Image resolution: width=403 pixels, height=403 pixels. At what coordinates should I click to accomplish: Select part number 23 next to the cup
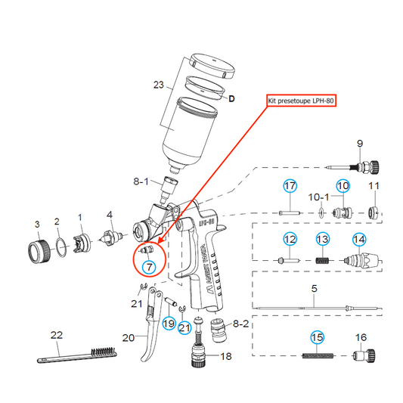(158, 85)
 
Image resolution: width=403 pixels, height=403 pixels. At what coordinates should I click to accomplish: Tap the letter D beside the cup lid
(232, 99)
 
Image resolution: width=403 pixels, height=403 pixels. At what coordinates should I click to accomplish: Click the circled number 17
(290, 186)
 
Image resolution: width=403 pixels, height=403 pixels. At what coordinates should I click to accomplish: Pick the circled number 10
(343, 185)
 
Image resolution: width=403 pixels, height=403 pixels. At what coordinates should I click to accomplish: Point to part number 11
(374, 186)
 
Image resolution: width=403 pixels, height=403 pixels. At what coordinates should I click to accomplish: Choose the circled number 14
(359, 239)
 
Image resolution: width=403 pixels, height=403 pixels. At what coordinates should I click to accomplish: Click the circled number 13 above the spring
(323, 239)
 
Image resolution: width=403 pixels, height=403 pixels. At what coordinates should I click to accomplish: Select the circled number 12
(290, 239)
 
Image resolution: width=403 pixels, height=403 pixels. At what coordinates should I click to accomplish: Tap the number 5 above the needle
(314, 289)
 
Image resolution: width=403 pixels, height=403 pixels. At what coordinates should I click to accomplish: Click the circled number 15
(313, 336)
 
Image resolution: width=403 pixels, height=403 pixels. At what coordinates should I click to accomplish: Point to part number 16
(361, 337)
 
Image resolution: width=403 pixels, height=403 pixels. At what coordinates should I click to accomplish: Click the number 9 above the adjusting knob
(360, 144)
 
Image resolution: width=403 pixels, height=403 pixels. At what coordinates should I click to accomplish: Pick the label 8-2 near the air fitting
(241, 323)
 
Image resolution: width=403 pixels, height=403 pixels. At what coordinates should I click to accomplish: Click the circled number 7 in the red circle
(149, 267)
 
